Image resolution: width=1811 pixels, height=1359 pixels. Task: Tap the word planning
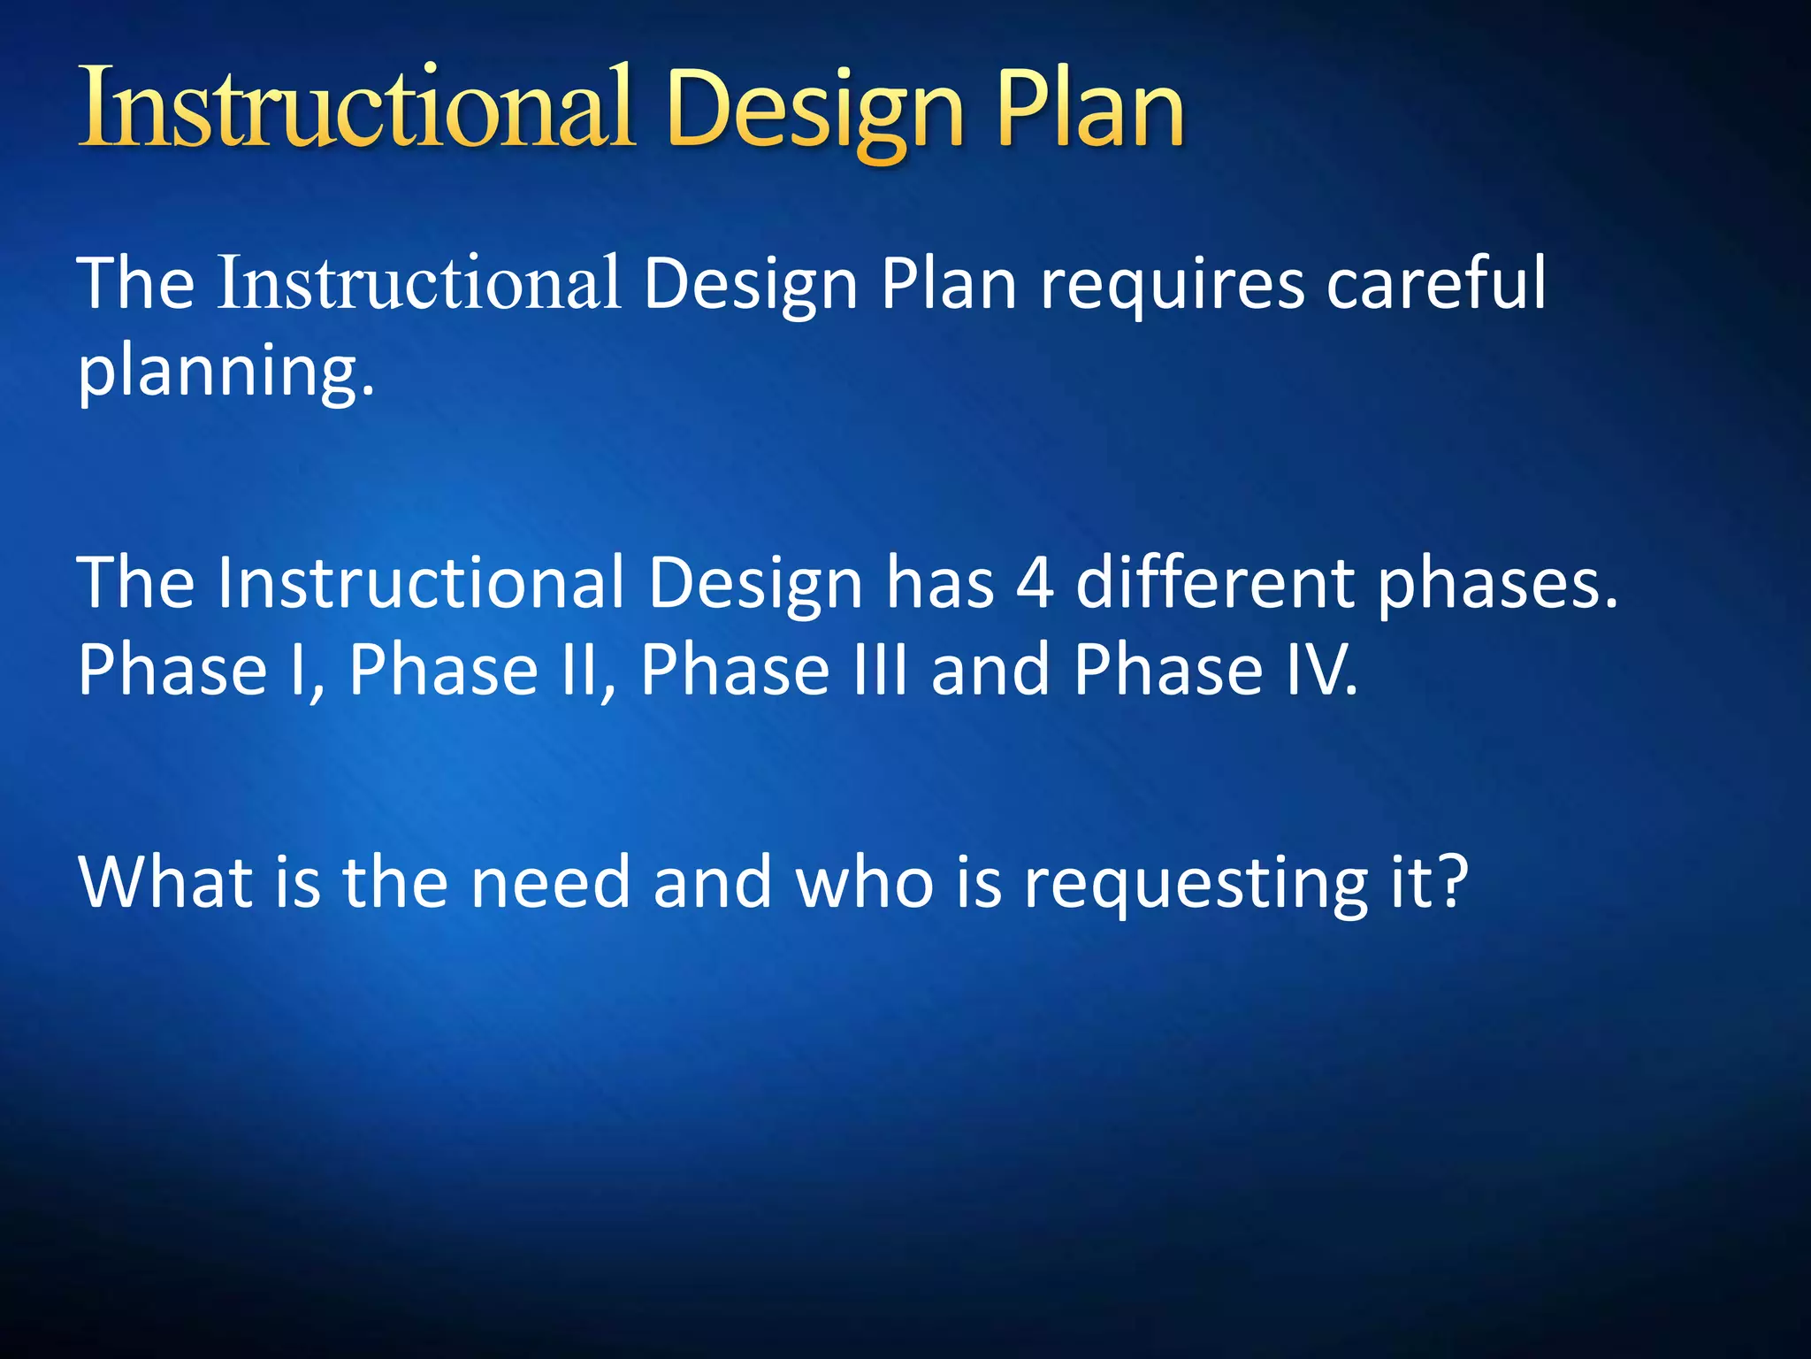226,372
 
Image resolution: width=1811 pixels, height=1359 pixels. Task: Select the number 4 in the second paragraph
1035,584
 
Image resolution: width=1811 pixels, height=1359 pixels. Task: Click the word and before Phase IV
990,670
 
